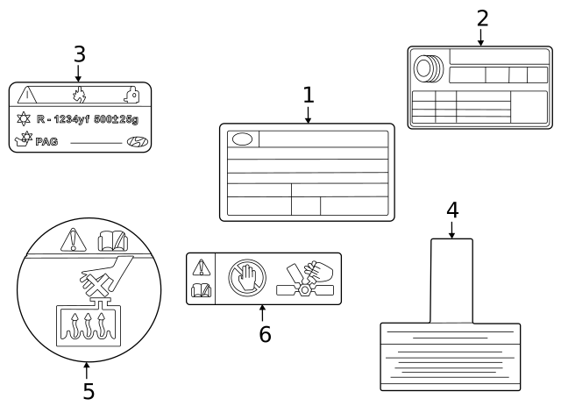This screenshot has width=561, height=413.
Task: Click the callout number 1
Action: point(308,95)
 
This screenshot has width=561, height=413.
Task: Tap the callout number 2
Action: point(481,18)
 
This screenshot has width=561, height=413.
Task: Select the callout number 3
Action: point(79,54)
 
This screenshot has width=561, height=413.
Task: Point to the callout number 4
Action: point(451,210)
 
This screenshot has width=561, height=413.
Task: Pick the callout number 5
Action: point(89,391)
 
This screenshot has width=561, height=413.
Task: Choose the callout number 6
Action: point(265,333)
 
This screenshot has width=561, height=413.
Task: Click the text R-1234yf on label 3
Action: point(72,117)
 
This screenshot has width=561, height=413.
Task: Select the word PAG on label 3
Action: point(46,142)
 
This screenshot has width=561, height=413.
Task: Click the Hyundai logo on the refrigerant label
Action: point(137,142)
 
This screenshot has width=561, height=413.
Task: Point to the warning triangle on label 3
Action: point(27,95)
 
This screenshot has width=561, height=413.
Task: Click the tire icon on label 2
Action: point(429,68)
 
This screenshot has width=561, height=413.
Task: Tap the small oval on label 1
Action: point(241,139)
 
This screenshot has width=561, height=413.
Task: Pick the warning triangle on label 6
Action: point(202,267)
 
